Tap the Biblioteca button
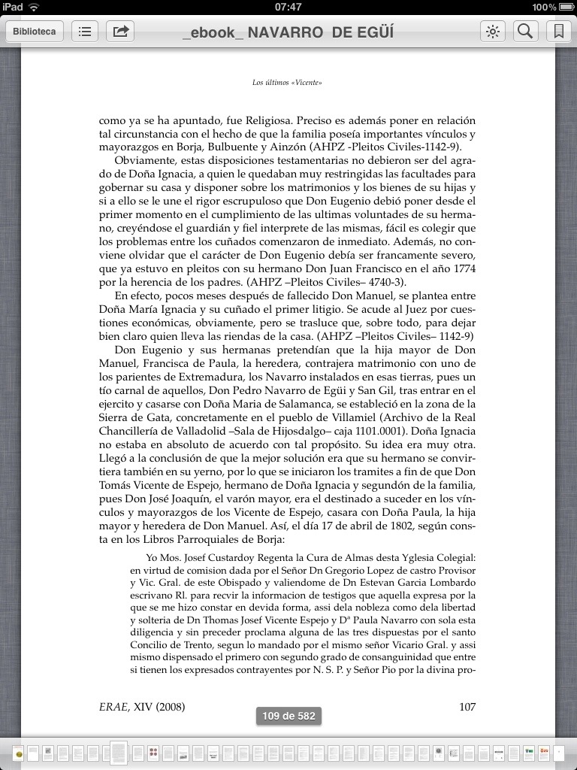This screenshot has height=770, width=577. (34, 32)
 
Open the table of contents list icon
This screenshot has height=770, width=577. (85, 32)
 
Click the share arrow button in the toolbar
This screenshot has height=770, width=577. (119, 32)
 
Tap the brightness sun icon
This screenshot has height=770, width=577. (493, 32)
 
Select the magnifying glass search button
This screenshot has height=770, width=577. (526, 32)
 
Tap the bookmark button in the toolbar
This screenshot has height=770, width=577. (558, 32)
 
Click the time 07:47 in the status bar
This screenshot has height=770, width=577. (288, 7)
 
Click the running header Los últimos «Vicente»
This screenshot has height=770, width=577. (287, 82)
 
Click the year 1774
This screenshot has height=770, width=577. (463, 268)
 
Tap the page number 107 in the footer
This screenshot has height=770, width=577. (467, 707)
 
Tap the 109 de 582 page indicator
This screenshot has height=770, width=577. (288, 716)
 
